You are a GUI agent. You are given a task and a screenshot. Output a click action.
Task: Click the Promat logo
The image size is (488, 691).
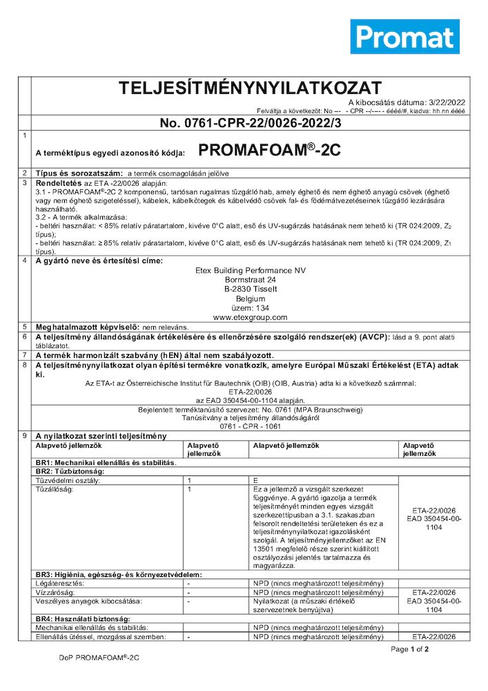(404, 36)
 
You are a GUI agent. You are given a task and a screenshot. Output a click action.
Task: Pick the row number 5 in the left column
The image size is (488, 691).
(25, 326)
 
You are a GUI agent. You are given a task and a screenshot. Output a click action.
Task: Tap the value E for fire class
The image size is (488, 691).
(256, 480)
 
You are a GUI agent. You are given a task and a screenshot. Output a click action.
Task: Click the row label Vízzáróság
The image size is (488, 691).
(55, 593)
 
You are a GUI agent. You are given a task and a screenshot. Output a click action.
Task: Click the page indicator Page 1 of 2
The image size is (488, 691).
(410, 650)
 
